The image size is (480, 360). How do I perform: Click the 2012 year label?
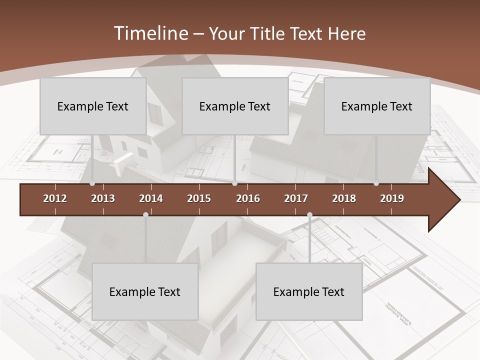(55, 198)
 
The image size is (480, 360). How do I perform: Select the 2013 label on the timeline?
(103, 198)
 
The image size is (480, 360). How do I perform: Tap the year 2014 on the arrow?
(151, 198)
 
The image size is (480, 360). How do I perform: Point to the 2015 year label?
(199, 198)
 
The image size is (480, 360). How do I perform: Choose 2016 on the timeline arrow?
(248, 198)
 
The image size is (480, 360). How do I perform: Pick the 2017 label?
(296, 198)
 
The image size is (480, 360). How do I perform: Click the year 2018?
(344, 198)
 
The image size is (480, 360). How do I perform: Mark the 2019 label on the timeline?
(392, 198)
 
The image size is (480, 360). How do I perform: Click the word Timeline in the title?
(150, 33)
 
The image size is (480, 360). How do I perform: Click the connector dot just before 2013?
(92, 183)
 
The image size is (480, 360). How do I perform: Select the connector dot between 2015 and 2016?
(234, 183)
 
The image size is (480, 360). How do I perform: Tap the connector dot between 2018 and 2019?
(376, 183)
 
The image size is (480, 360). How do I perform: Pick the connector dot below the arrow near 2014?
(145, 215)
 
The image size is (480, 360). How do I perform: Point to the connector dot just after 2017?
(309, 215)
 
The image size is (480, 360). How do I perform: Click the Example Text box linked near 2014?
(145, 291)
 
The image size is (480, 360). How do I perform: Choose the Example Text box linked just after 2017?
(309, 291)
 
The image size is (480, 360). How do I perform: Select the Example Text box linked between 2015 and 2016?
(234, 106)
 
